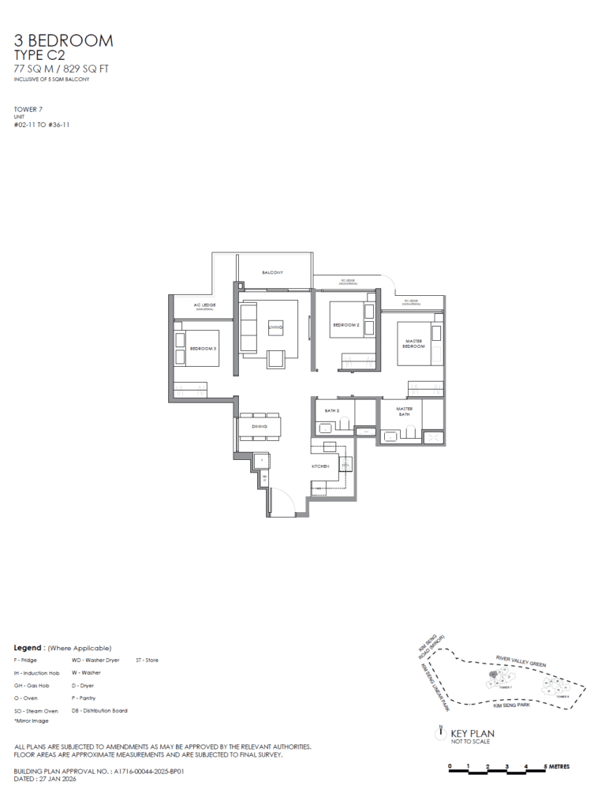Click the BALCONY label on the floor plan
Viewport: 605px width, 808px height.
click(x=272, y=273)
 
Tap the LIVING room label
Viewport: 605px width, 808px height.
click(x=275, y=327)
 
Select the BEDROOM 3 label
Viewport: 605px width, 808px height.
click(x=203, y=348)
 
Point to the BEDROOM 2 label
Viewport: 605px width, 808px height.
click(x=346, y=325)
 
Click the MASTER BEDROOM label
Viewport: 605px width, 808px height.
click(x=415, y=343)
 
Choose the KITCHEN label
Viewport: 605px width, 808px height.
click(x=319, y=467)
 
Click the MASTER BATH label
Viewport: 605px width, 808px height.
click(x=405, y=411)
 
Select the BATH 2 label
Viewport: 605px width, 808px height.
click(x=331, y=411)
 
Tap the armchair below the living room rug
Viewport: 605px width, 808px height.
click(x=278, y=359)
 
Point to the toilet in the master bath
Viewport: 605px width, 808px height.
click(x=410, y=432)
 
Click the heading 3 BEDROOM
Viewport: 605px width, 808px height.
click(x=63, y=40)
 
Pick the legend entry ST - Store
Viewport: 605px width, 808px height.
click(x=147, y=660)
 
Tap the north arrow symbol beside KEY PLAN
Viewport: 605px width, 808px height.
click(x=439, y=733)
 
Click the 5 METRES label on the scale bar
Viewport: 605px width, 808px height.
click(x=557, y=766)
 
